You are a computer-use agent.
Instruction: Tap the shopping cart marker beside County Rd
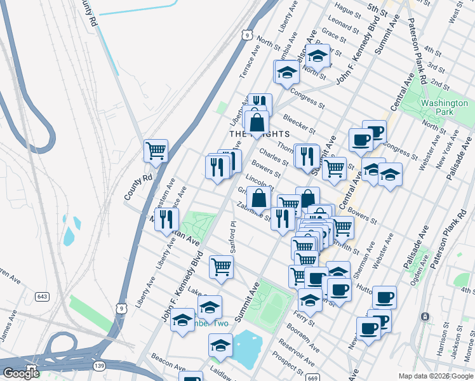tap(156, 150)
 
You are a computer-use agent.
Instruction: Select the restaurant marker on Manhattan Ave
tap(166, 219)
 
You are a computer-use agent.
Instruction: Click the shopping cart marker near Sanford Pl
tap(221, 266)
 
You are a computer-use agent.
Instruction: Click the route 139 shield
tap(98, 366)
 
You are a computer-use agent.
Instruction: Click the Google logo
tap(21, 373)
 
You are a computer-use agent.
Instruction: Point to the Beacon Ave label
tap(168, 363)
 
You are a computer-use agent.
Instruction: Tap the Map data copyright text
tap(435, 376)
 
